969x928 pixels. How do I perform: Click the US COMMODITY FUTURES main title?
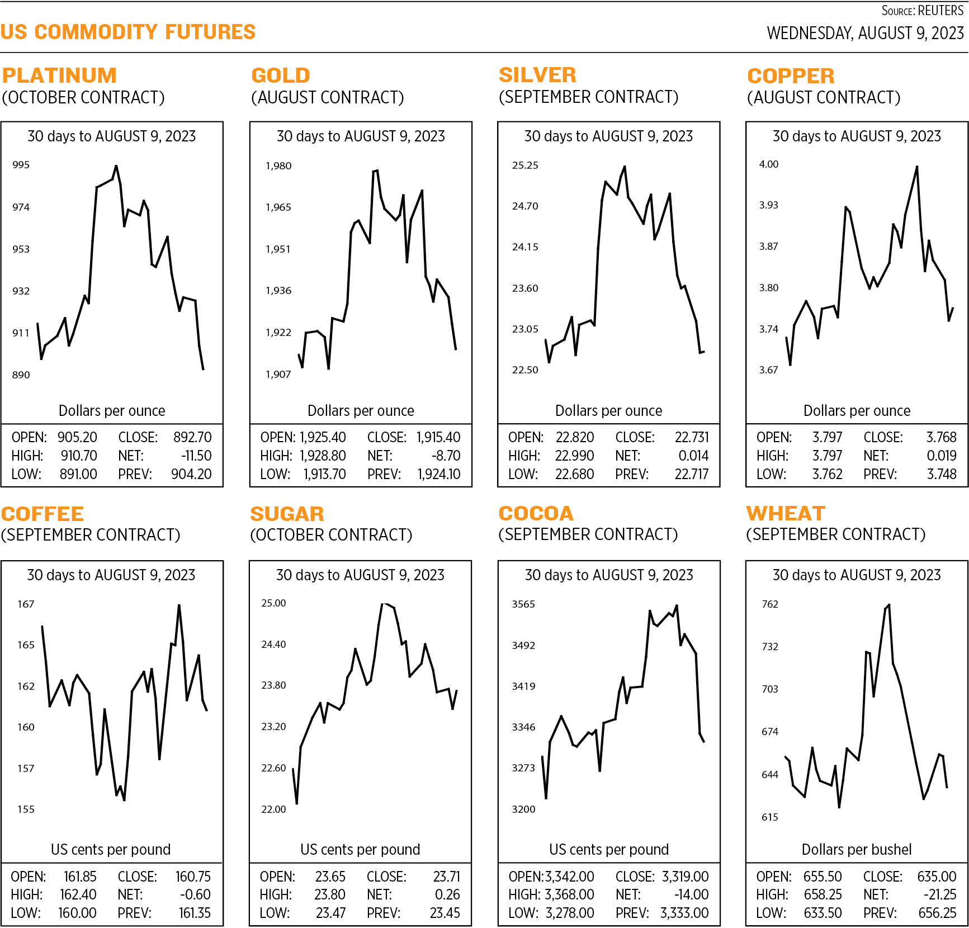[128, 32]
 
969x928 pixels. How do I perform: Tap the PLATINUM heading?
[59, 75]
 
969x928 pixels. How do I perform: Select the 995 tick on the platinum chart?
[21, 165]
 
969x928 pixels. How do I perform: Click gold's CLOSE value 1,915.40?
[438, 437]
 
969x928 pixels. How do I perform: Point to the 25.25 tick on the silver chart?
[525, 165]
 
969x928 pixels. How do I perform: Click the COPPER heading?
[791, 76]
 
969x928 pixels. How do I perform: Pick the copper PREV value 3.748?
[942, 474]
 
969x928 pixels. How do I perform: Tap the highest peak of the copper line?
[917, 167]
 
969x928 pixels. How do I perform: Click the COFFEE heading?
[42, 514]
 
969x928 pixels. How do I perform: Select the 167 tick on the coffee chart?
[26, 604]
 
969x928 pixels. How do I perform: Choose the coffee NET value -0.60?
[195, 894]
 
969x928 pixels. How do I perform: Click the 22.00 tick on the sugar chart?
[273, 809]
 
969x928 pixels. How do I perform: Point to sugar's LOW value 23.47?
[330, 913]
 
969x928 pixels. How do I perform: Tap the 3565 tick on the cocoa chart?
[523, 604]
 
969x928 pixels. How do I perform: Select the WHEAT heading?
[786, 513]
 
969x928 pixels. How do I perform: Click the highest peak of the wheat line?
[889, 605]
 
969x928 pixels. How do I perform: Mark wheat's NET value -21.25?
[940, 894]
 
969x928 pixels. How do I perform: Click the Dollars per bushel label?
[857, 850]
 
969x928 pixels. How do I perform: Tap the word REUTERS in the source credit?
[941, 11]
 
